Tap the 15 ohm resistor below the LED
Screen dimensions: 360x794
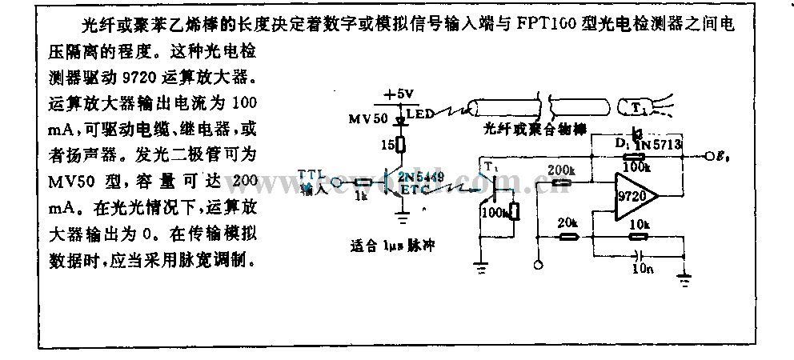[x=400, y=145]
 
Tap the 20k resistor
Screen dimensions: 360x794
[x=568, y=237]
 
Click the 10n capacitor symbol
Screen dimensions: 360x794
[x=638, y=258]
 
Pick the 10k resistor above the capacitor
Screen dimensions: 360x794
[x=638, y=237]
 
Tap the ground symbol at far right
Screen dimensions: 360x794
[x=684, y=279]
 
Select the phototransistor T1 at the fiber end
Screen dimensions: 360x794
[x=638, y=106]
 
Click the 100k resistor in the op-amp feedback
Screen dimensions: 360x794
[x=637, y=158]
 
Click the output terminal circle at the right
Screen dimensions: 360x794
[x=709, y=157]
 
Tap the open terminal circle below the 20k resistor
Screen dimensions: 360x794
[x=539, y=264]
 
